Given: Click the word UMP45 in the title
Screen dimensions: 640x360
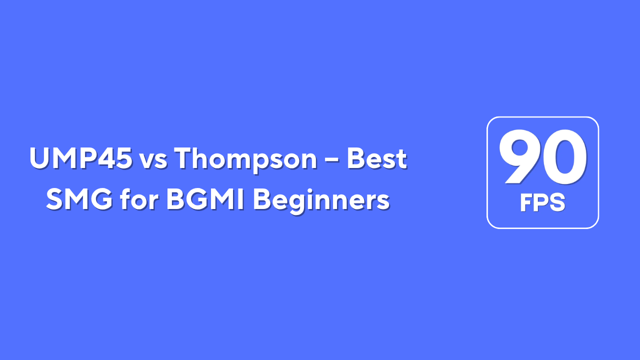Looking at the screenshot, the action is coord(81,158).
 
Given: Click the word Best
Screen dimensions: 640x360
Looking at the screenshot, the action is coord(377,158).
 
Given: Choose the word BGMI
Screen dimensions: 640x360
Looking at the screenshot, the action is coord(205,199).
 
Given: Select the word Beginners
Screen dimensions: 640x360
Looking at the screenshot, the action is coord(321,200).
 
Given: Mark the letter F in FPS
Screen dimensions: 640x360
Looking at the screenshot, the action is coord(526,202).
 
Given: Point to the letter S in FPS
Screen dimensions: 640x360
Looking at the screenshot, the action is coord(556,202).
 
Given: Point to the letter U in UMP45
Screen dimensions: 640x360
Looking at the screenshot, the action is coord(39,158).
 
